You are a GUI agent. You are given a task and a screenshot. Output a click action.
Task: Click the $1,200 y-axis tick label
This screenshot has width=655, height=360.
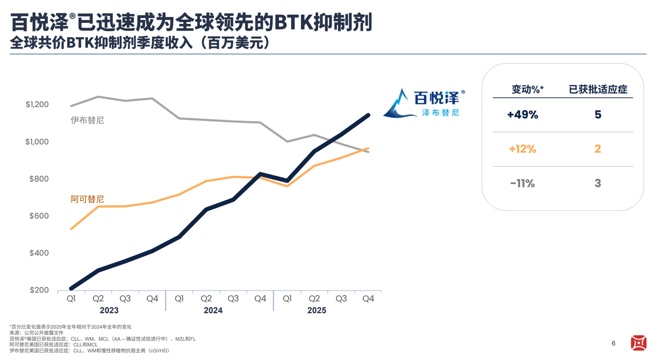pos(37,105)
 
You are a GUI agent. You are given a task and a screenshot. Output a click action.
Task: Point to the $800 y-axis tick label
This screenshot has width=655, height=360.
pos(39,179)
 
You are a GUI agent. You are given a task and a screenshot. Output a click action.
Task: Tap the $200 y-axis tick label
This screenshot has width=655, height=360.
pos(39,290)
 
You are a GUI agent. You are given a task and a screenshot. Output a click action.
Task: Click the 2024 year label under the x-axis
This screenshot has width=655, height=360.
pos(213,311)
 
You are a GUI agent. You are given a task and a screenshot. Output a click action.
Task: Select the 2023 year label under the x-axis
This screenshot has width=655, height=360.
pos(109,311)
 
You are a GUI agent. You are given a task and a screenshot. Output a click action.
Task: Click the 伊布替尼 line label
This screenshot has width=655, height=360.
pos(87,120)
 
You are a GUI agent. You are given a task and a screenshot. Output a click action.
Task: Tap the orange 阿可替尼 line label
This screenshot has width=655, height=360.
pos(87,199)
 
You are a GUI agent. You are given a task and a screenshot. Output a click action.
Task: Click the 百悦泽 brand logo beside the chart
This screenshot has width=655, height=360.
pos(424,103)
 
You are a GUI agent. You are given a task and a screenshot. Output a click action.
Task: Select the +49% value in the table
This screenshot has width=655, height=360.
pos(523,115)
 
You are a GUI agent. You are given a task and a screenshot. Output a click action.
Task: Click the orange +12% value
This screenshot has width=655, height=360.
pos(523,149)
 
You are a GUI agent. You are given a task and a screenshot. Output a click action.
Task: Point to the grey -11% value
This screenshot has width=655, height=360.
pos(523,183)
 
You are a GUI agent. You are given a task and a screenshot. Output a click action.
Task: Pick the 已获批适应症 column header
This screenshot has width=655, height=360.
pos(598,89)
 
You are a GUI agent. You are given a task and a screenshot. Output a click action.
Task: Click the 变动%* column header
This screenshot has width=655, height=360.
pos(528,89)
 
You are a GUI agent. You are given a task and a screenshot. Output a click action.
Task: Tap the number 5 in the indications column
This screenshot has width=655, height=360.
pos(598,115)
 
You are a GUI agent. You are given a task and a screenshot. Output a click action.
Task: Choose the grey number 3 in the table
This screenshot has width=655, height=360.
pos(598,183)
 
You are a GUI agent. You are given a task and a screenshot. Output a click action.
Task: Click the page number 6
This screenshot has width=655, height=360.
pos(614,344)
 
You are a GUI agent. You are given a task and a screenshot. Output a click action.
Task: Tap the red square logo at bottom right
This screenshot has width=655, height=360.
pos(638,343)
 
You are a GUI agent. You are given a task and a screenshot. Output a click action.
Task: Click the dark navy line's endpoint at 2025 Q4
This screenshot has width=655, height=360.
pos(368,115)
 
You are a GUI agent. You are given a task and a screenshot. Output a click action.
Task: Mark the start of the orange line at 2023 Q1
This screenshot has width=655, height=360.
pos(71,229)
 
